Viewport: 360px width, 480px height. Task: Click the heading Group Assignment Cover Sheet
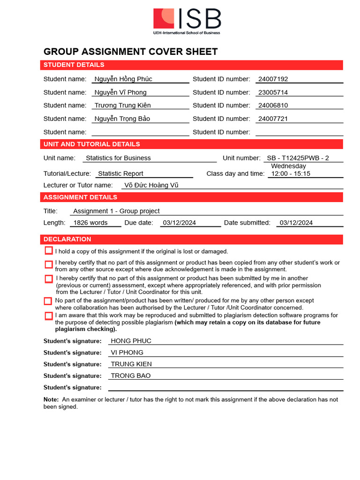(x=130, y=52)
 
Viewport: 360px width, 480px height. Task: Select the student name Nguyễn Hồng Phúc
(x=123, y=79)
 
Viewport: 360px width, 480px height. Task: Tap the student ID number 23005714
(x=273, y=92)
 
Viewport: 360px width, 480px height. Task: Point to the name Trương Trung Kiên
(x=122, y=105)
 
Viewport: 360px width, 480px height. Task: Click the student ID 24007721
(x=273, y=119)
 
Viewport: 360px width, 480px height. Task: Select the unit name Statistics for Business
(x=118, y=158)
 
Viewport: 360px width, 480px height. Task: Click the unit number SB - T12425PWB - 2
(x=298, y=158)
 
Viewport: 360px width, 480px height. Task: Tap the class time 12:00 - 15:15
(x=291, y=173)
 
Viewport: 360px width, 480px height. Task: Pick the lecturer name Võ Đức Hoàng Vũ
(x=151, y=185)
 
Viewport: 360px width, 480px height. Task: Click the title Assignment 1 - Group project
(x=116, y=211)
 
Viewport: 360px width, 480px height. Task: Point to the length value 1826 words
(x=90, y=223)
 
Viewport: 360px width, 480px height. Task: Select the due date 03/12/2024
(x=180, y=223)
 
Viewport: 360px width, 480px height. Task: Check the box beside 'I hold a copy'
(x=49, y=251)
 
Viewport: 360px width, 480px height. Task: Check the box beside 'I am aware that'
(x=49, y=316)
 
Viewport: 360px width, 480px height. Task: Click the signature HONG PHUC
(x=131, y=341)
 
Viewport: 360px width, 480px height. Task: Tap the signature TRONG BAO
(x=131, y=375)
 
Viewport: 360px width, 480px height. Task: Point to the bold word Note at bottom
(x=51, y=399)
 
